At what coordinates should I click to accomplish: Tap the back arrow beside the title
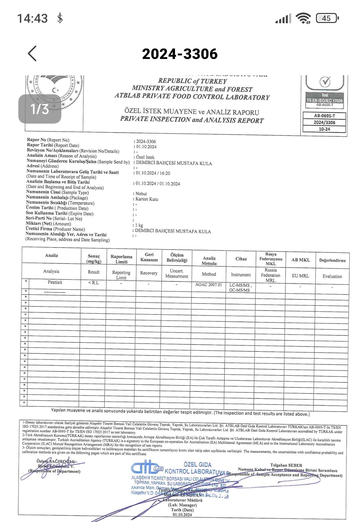32,53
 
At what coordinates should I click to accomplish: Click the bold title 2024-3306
180,54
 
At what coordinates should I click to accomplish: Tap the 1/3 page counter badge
40,109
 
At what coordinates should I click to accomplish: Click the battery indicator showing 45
327,18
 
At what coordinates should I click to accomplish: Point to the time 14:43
32,18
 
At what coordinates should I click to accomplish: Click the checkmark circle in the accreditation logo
325,81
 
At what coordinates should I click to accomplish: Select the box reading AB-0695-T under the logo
324,116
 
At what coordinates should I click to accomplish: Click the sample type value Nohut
141,194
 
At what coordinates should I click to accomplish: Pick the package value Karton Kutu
147,199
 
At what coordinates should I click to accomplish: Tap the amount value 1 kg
139,225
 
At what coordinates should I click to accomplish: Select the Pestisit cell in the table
55,282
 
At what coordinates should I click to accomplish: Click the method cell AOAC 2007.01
209,285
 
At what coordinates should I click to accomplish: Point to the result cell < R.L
94,283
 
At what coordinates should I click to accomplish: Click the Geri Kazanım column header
149,257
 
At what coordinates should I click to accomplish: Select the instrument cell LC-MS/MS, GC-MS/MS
240,288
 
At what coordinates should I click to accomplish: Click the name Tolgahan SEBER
286,465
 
